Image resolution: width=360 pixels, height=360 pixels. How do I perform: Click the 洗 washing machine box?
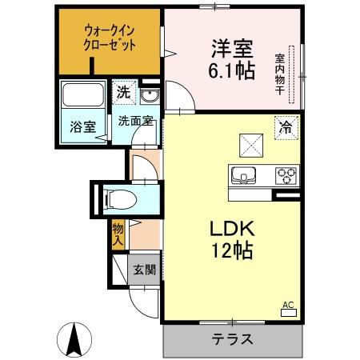(122, 93)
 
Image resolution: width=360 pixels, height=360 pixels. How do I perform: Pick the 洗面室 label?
(134, 121)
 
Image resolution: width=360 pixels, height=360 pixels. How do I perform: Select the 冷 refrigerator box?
(285, 125)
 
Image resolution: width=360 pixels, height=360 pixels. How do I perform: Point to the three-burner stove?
(286, 174)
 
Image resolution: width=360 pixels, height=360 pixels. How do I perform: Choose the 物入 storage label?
(118, 234)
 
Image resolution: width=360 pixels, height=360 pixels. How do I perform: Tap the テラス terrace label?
(233, 338)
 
